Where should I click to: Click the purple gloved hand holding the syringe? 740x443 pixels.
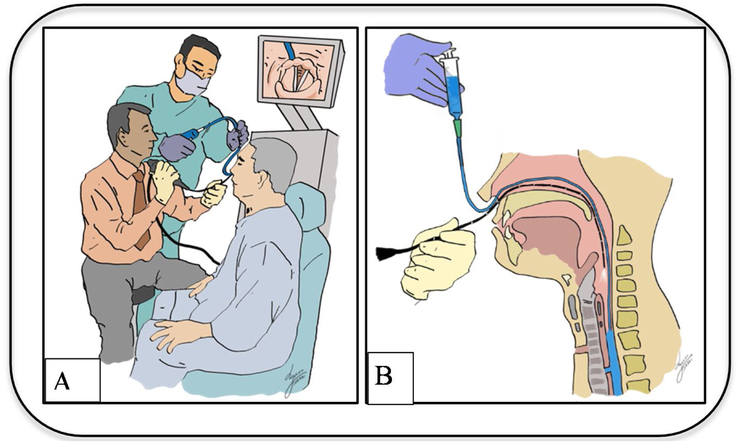pyautogui.click(x=415, y=72)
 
